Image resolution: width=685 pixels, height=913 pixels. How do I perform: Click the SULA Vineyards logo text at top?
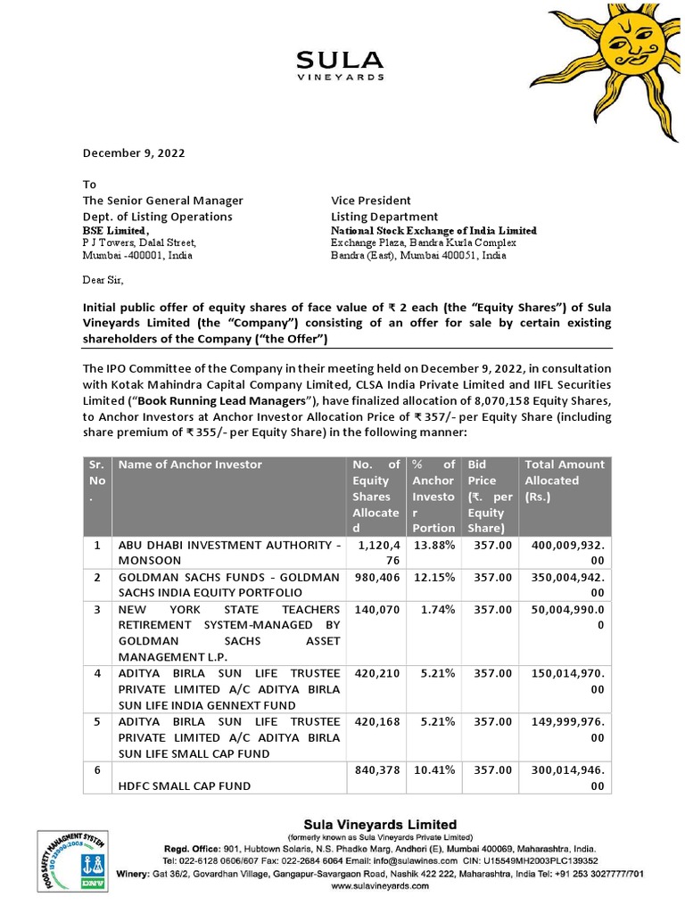pos(340,64)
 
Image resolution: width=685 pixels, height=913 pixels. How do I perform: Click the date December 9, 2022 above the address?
pos(134,152)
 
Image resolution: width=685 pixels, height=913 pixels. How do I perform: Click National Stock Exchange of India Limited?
pos(433,230)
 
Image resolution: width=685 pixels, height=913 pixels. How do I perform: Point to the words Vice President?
pos(371,201)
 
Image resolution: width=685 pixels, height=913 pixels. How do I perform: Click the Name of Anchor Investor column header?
pos(191,465)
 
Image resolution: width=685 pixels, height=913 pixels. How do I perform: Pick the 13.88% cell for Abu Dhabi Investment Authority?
pos(433,545)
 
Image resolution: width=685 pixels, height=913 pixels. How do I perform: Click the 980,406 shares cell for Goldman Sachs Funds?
pos(375,577)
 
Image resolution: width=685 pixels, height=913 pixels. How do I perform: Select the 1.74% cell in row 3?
pos(433,609)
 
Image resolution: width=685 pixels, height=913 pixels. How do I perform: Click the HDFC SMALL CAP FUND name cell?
pos(184,786)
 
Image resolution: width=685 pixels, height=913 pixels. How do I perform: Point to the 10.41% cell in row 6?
pos(433,769)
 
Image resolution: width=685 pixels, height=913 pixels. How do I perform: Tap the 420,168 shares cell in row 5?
pos(375,721)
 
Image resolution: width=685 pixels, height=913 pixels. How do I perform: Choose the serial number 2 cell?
pos(96,577)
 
